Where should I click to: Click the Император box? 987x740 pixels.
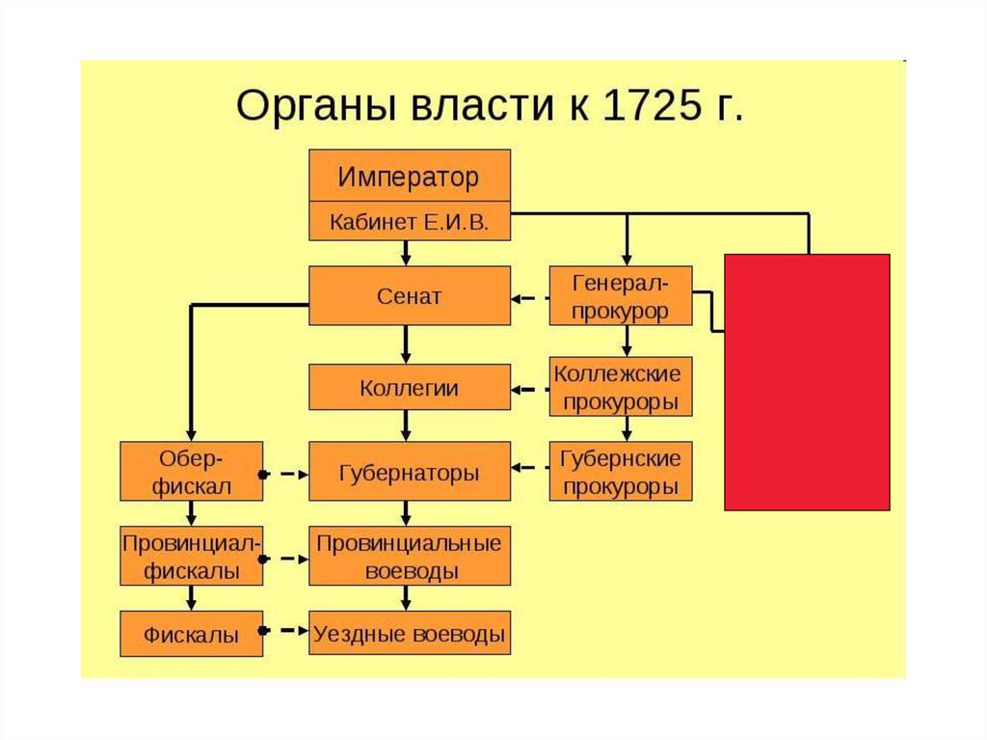click(x=409, y=177)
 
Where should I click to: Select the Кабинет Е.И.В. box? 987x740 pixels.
click(x=409, y=222)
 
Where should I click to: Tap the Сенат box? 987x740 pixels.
click(x=409, y=296)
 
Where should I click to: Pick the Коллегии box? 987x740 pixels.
click(x=409, y=389)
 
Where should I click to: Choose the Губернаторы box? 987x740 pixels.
click(x=409, y=472)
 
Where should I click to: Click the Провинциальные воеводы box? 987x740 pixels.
click(x=409, y=556)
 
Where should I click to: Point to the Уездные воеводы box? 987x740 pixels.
click(x=409, y=634)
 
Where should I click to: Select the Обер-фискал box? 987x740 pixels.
click(x=191, y=472)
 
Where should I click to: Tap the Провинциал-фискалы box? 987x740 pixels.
click(x=191, y=557)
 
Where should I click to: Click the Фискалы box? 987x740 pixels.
click(x=191, y=634)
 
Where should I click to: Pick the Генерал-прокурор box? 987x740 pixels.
click(x=621, y=296)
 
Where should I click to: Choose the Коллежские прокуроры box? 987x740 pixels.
click(x=621, y=387)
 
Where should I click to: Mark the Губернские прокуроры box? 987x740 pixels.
click(x=621, y=472)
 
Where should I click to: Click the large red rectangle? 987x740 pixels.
click(x=807, y=381)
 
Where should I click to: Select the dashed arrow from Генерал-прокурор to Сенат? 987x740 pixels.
click(x=529, y=298)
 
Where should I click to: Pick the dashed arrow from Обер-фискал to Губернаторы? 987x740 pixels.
click(x=285, y=474)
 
